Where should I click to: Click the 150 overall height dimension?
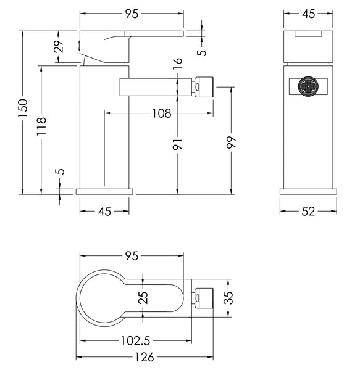(23, 108)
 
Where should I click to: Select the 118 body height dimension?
(41, 126)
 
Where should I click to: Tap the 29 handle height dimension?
(59, 46)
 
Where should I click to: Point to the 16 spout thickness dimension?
(178, 64)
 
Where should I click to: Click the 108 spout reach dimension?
(162, 113)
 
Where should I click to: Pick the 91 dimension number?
(178, 144)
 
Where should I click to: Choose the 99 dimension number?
(231, 142)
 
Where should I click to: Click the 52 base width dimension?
(308, 211)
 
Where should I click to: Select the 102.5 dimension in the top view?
(135, 340)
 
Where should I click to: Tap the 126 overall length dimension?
(144, 357)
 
